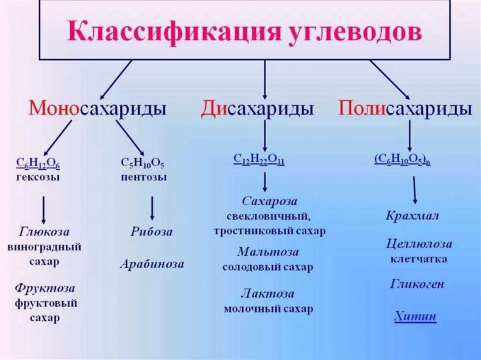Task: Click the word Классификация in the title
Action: click(x=174, y=33)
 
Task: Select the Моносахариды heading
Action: click(x=98, y=109)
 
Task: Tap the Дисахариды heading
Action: click(x=257, y=109)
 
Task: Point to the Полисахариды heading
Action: click(x=405, y=109)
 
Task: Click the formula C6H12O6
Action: click(x=37, y=163)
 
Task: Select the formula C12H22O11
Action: click(x=259, y=159)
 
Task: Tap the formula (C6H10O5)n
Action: click(x=402, y=159)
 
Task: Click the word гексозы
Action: click(x=37, y=178)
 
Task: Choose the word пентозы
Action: click(x=144, y=178)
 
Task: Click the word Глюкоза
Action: click(x=44, y=231)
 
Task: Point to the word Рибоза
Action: click(x=151, y=231)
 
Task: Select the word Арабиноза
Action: click(x=152, y=264)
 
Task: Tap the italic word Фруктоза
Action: click(x=45, y=289)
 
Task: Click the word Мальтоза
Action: click(x=268, y=252)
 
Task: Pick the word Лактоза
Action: click(x=267, y=294)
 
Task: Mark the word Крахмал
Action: click(x=412, y=216)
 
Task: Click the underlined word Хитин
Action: click(x=415, y=316)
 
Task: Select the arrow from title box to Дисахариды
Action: click(x=265, y=79)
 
